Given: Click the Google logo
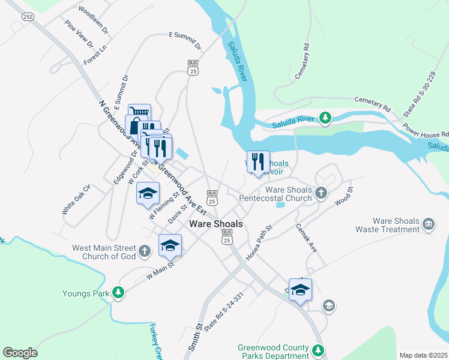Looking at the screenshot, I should (x=20, y=353).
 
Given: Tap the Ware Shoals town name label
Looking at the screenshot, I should (x=216, y=224).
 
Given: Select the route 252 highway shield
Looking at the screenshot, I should (x=28, y=17).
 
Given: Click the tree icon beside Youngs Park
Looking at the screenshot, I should (x=119, y=293).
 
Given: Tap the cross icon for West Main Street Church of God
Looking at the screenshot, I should (x=144, y=251).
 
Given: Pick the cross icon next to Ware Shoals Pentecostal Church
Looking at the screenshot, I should (x=321, y=193).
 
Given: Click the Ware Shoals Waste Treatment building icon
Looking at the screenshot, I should (x=429, y=224).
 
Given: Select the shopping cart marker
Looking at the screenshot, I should (x=139, y=113).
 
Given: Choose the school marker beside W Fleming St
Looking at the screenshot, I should (x=148, y=193).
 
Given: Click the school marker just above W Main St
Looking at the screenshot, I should (x=170, y=245).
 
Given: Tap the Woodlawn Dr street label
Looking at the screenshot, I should (x=93, y=20).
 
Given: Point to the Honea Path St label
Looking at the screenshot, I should (x=259, y=242).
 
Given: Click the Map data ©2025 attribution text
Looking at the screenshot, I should (x=423, y=355).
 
